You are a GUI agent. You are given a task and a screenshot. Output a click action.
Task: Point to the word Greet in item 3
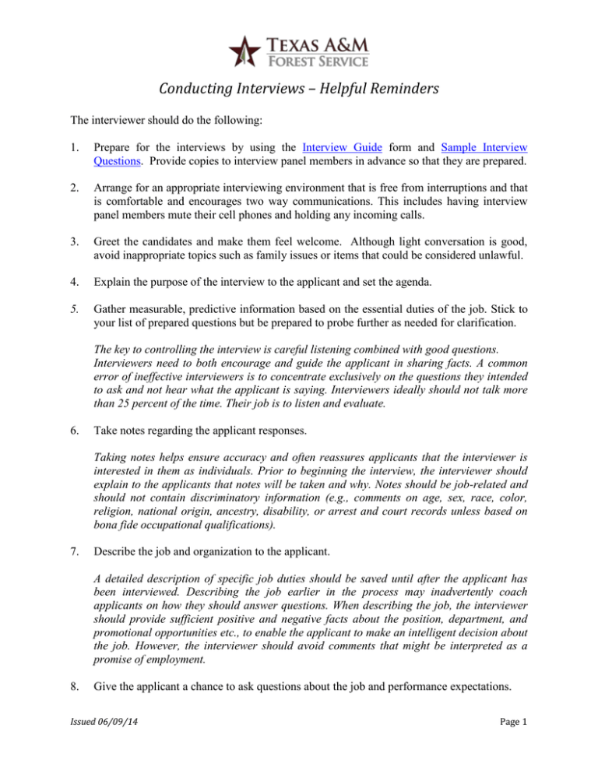(128, 245)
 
